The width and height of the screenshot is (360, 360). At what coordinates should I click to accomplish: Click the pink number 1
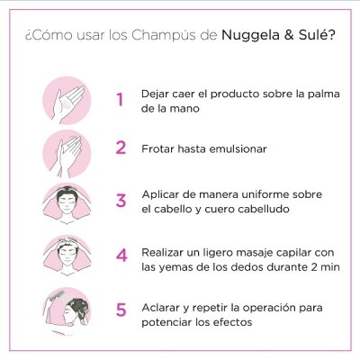(x=120, y=100)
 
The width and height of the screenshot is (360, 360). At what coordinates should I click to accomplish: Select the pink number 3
(x=121, y=201)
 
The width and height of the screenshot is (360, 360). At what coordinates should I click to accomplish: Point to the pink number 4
(x=121, y=255)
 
